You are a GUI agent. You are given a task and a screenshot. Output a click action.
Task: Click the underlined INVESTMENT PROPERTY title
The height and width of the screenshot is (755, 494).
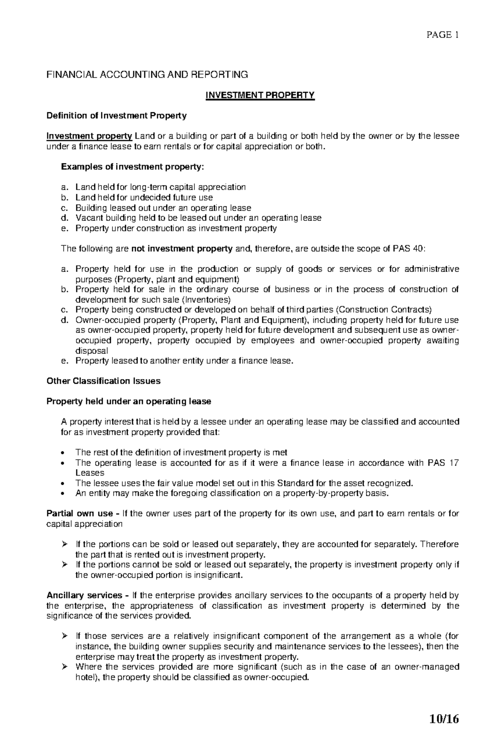[260, 95]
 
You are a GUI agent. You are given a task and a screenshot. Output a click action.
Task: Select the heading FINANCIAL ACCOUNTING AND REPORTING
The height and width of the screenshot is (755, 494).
[147, 74]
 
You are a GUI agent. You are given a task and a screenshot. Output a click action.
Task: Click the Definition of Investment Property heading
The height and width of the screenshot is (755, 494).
[117, 116]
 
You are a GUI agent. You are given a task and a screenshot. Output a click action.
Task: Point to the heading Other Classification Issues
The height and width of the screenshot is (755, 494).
[103, 381]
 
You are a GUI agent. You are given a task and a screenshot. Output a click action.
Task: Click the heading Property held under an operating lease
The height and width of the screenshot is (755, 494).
[129, 402]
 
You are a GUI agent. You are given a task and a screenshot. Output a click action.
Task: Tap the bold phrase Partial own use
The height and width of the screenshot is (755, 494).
[79, 514]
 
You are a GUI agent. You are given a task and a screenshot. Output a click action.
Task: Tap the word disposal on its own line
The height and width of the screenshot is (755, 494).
[91, 351]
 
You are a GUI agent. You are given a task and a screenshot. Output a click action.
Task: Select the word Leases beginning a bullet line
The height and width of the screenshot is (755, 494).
[90, 473]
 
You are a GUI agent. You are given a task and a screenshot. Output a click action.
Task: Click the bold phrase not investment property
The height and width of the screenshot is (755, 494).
[182, 249]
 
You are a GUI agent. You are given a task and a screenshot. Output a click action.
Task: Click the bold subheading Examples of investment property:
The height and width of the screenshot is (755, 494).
[132, 167]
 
